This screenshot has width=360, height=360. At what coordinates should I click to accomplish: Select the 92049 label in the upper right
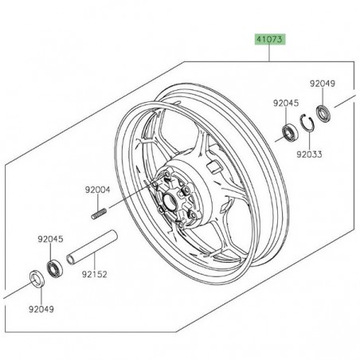323,82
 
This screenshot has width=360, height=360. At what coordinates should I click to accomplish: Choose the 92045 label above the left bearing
49,237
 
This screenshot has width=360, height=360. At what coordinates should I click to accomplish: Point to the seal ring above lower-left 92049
37,278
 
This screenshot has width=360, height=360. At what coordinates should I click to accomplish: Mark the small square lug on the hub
213,169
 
